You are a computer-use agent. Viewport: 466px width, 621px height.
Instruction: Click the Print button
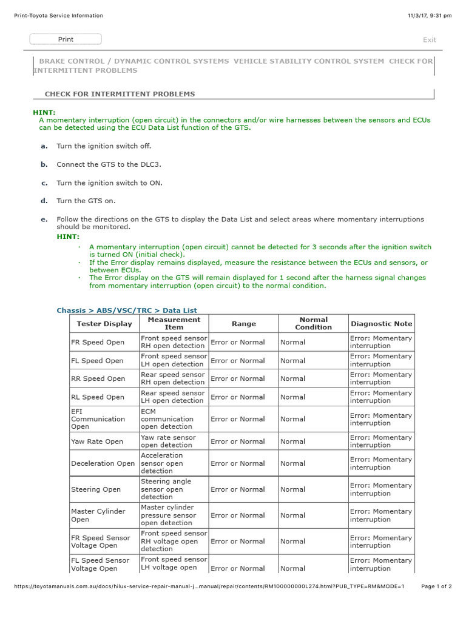click(66, 39)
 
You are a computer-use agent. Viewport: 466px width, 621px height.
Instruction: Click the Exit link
click(429, 40)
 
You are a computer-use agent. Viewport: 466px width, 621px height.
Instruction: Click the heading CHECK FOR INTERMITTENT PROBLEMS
click(120, 94)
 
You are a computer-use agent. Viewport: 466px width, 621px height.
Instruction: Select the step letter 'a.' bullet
click(44, 146)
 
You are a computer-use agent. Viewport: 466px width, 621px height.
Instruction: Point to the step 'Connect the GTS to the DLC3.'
click(109, 164)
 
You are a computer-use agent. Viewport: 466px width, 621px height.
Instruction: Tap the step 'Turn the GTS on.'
click(86, 201)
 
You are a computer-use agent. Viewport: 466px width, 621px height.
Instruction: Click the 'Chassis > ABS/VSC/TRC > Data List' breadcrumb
click(126, 310)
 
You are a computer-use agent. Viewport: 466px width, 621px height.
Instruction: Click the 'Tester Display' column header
click(104, 324)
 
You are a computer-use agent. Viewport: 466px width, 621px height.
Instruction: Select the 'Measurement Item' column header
click(174, 323)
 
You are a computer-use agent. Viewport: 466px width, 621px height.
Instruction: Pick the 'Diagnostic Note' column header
click(381, 324)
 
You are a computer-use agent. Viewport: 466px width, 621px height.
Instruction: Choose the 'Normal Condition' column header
click(313, 323)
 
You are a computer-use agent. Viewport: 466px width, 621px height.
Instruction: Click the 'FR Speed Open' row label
click(97, 343)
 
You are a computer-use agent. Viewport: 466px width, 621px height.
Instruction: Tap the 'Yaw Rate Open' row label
click(96, 441)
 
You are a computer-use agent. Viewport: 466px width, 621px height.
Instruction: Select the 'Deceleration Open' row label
click(103, 463)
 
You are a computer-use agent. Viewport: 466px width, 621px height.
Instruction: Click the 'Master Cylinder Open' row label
click(98, 515)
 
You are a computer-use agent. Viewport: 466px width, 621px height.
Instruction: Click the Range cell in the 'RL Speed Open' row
click(237, 397)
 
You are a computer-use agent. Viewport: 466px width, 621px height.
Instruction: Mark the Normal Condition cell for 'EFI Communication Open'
click(292, 419)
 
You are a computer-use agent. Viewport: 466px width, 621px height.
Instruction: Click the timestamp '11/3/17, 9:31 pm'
click(430, 16)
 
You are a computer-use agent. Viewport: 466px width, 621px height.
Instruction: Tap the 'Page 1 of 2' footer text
click(436, 586)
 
